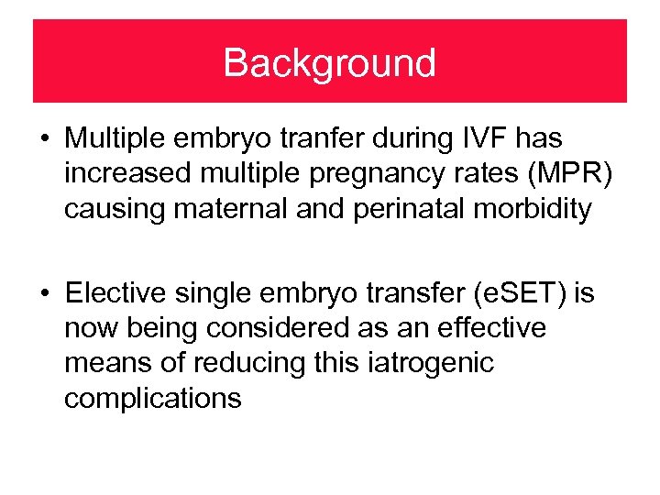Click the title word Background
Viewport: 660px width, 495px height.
pos(329,63)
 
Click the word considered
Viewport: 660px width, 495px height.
pos(280,328)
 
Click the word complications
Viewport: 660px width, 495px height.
pos(153,398)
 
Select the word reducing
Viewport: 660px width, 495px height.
pos(234,363)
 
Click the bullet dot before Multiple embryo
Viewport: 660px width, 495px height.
pos(44,140)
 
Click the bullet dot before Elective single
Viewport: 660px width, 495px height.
pos(44,294)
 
